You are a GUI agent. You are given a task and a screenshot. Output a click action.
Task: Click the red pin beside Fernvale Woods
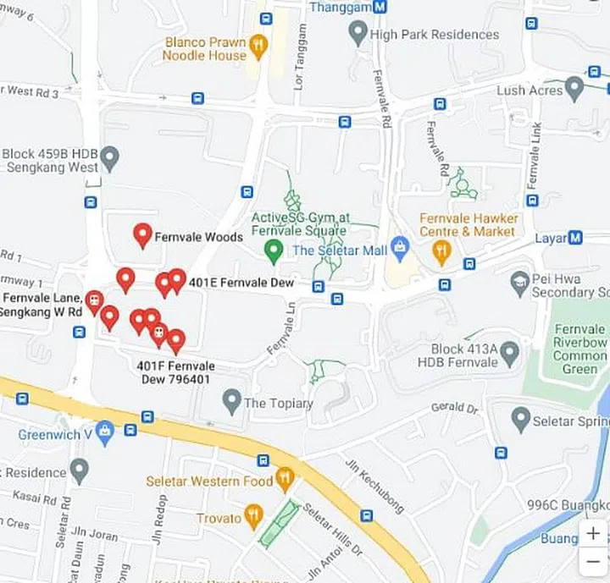(142, 234)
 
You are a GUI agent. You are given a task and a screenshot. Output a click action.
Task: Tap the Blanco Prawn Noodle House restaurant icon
(258, 44)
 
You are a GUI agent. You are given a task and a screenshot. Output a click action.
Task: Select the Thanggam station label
(341, 7)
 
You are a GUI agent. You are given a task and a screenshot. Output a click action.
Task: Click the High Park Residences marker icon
(358, 34)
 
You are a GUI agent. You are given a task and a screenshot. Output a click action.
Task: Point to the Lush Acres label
(530, 90)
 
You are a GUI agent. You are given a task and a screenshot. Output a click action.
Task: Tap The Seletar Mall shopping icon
(401, 249)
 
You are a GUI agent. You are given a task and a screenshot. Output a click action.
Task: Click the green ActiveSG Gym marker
(273, 250)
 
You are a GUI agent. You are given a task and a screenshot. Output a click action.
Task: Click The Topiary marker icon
(231, 401)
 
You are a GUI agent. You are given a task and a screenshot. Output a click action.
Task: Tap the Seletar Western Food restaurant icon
(285, 479)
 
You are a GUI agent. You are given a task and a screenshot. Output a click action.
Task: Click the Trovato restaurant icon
(252, 515)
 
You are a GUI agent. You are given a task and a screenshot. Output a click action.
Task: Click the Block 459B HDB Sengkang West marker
(108, 157)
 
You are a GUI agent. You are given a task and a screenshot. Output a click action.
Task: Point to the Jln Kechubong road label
(372, 486)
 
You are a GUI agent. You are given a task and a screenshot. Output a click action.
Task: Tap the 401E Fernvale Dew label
(241, 283)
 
